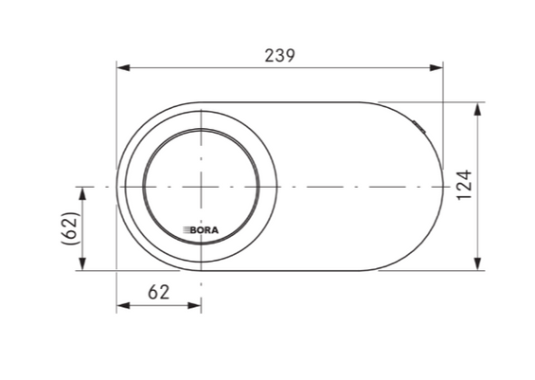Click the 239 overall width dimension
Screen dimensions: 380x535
pyautogui.click(x=279, y=56)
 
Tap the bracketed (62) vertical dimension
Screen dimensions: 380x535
pyautogui.click(x=69, y=229)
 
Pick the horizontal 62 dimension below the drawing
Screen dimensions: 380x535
pyautogui.click(x=159, y=292)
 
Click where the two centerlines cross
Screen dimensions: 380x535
pyautogui.click(x=202, y=187)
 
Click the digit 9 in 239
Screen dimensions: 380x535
pyautogui.click(x=290, y=56)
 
